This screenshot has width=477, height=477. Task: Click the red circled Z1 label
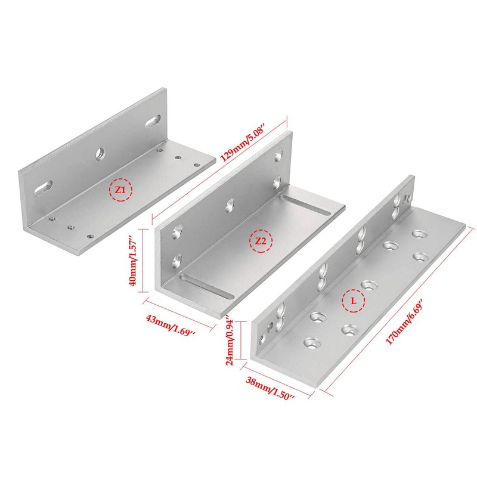[120, 190]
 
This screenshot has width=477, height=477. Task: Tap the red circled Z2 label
[261, 241]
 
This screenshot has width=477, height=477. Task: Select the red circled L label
[354, 302]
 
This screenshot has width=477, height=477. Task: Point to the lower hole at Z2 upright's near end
[177, 260]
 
